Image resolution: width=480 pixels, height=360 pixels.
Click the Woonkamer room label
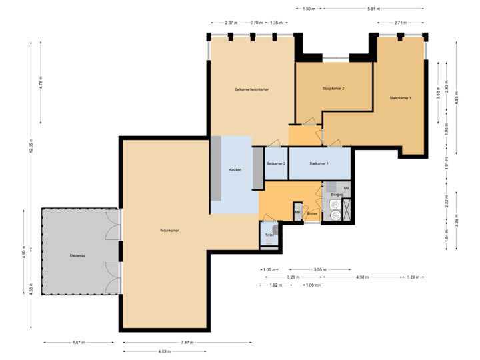coord(169,231)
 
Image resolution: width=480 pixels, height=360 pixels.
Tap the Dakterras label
coord(77,255)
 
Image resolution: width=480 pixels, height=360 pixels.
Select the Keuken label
coord(235,170)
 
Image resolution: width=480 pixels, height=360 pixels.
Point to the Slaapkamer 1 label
coord(401,98)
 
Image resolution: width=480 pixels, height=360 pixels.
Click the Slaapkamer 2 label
coord(333,88)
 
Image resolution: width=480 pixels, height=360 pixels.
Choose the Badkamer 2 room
coord(275,163)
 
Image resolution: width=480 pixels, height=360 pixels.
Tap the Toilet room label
coord(269,235)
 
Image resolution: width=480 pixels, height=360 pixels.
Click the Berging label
coord(337,195)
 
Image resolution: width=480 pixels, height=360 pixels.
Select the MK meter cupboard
coord(297,213)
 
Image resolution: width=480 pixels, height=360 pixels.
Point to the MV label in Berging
coord(346,189)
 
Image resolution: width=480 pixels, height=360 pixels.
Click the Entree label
coord(312,214)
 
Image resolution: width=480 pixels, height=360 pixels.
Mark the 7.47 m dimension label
coord(187,343)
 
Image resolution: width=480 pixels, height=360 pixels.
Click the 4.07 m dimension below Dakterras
coord(77,343)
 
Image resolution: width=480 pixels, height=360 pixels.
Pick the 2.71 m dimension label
coord(399,23)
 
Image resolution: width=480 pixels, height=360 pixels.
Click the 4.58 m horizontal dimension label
coord(363,277)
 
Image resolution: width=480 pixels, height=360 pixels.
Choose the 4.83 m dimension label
coord(162,351)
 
